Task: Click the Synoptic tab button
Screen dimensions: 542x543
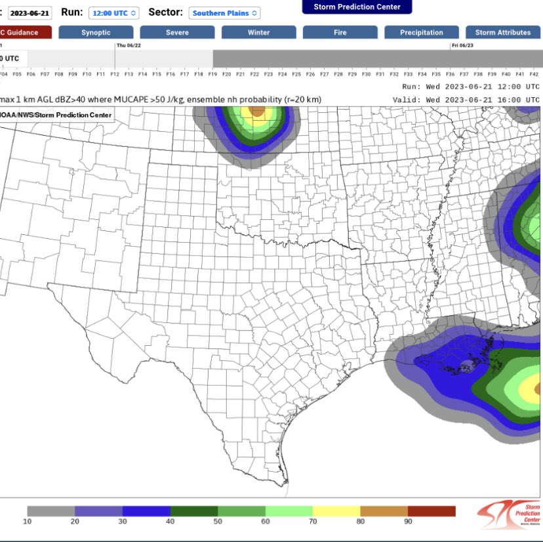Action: pyautogui.click(x=96, y=32)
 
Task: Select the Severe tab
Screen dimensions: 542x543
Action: pyautogui.click(x=177, y=32)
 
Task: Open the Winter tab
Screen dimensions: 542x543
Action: pyautogui.click(x=258, y=32)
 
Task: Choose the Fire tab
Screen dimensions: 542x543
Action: pyautogui.click(x=340, y=32)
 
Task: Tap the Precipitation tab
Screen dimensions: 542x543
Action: pyautogui.click(x=422, y=32)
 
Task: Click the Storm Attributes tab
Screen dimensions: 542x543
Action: pyautogui.click(x=503, y=32)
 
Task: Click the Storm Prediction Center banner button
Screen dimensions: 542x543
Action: pyautogui.click(x=357, y=7)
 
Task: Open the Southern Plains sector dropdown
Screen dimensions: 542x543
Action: pyautogui.click(x=224, y=12)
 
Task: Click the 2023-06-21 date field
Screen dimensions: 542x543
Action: pyautogui.click(x=30, y=12)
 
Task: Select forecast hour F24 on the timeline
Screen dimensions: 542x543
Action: pyautogui.click(x=282, y=74)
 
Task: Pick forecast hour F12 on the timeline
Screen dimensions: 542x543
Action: pyautogui.click(x=115, y=74)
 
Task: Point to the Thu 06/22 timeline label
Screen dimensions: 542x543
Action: pyautogui.click(x=130, y=45)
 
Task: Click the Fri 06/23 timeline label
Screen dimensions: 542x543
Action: pyautogui.click(x=463, y=45)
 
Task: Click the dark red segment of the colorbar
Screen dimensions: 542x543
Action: pyautogui.click(x=432, y=511)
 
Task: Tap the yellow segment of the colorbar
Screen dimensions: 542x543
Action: pyautogui.click(x=336, y=511)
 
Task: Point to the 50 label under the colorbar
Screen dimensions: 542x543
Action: pyautogui.click(x=218, y=522)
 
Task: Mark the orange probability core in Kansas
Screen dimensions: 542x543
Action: pyautogui.click(x=258, y=111)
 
